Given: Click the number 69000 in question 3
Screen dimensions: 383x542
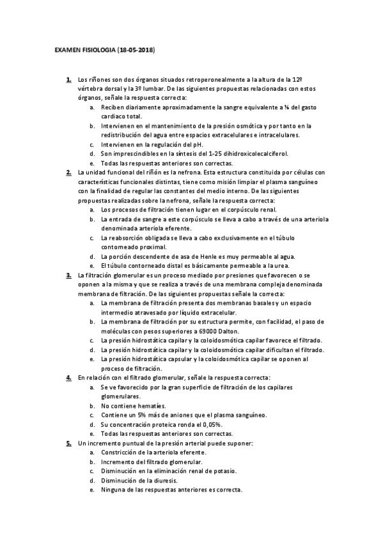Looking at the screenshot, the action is tap(196, 331).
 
